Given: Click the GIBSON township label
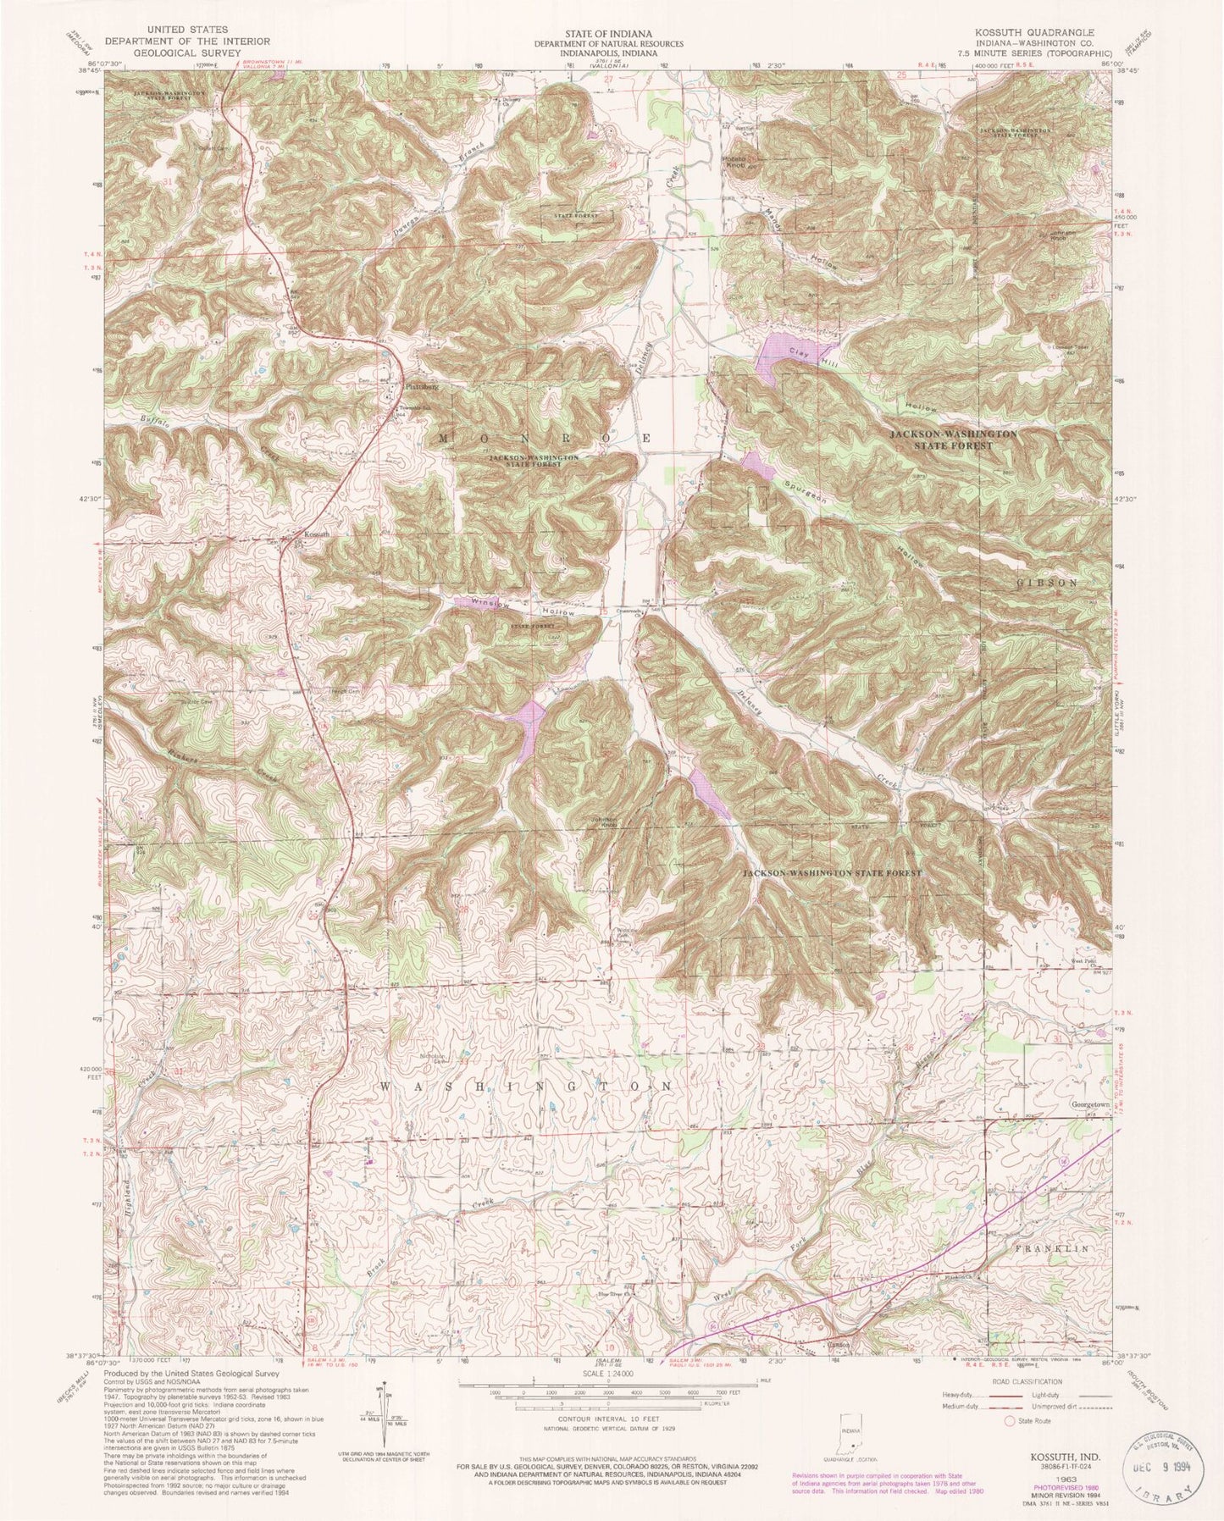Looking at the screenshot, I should coord(1054,584).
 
